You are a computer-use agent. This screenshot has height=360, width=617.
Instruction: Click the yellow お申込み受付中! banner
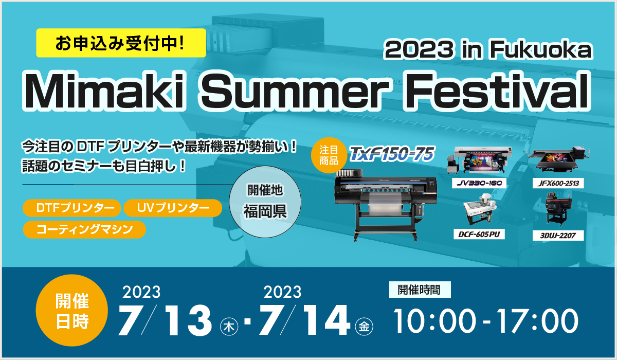tap(121, 43)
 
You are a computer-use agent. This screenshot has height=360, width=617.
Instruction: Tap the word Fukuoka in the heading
tap(541, 49)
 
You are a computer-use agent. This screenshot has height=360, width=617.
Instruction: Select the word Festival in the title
tap(497, 91)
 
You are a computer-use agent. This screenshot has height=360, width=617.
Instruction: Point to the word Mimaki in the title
tap(104, 91)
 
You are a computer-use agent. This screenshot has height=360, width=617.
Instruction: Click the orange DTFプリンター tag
tap(72, 208)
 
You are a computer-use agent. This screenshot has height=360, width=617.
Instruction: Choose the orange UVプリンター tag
tap(173, 208)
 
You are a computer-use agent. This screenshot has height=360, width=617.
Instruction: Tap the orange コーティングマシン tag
tap(84, 229)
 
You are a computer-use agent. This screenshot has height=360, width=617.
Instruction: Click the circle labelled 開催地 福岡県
tap(265, 202)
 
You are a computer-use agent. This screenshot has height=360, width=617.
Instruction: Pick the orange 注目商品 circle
tap(329, 155)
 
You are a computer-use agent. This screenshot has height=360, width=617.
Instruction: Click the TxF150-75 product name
tap(392, 154)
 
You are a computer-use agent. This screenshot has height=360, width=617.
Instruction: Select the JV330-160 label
tap(479, 183)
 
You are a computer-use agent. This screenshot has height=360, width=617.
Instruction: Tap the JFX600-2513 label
tap(558, 183)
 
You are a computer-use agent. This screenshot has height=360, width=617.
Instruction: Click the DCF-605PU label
tap(479, 234)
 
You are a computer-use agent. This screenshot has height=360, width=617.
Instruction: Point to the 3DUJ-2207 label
tap(558, 236)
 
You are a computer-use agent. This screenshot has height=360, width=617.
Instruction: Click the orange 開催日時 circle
tap(72, 311)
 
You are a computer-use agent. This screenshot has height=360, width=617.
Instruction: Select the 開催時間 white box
tap(420, 290)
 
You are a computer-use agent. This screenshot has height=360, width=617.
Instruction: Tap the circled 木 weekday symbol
tap(229, 327)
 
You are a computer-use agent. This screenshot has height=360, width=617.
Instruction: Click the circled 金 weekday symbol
tap(364, 327)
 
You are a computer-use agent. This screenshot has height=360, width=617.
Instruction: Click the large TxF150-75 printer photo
tap(386, 205)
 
